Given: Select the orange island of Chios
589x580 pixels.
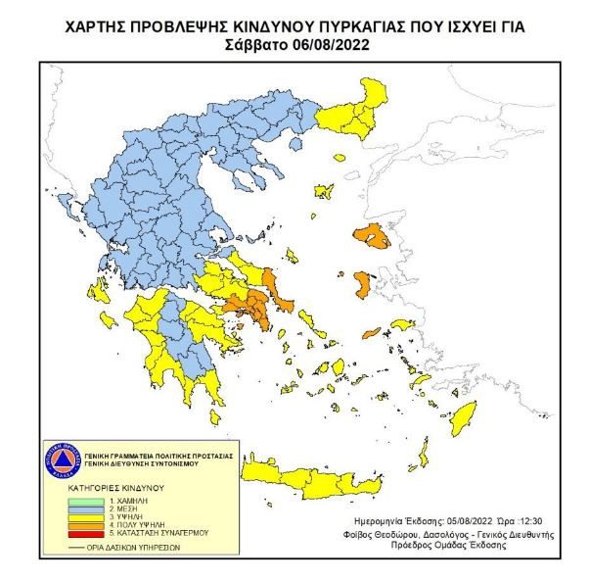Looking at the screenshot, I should coord(362,286).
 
